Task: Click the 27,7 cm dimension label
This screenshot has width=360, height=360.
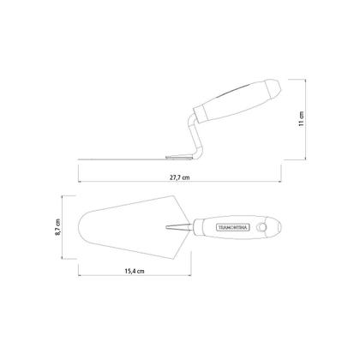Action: coord(180,177)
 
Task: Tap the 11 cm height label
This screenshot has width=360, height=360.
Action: coord(301,119)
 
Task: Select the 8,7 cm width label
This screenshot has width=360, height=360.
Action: coord(58,227)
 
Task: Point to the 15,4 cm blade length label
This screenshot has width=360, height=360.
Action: coord(135,271)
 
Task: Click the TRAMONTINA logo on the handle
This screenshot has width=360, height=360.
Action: coord(233,227)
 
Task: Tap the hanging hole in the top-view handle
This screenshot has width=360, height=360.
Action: coord(261,227)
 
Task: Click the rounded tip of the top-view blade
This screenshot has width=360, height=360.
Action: coord(79,226)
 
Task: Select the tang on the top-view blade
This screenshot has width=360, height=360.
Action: coord(178,227)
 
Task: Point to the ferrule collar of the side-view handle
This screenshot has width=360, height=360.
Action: coord(201,113)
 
